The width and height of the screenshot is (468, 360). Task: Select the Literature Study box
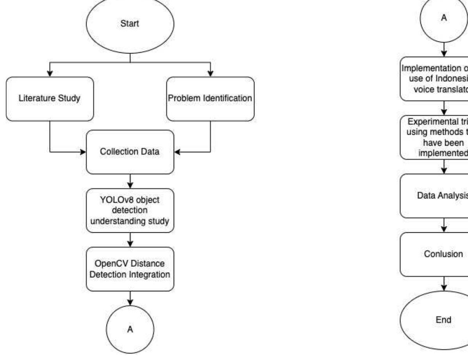pyautogui.click(x=50, y=98)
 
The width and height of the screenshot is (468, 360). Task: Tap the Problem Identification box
pyautogui.click(x=210, y=98)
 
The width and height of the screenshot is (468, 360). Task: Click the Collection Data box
pyautogui.click(x=130, y=152)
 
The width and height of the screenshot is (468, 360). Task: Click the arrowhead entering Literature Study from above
pyautogui.click(x=50, y=73)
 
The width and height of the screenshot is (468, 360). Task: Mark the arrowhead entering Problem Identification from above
pyautogui.click(x=210, y=73)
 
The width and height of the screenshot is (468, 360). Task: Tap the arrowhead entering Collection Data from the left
pyautogui.click(x=83, y=152)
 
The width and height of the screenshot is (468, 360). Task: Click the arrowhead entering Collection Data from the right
pyautogui.click(x=177, y=152)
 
